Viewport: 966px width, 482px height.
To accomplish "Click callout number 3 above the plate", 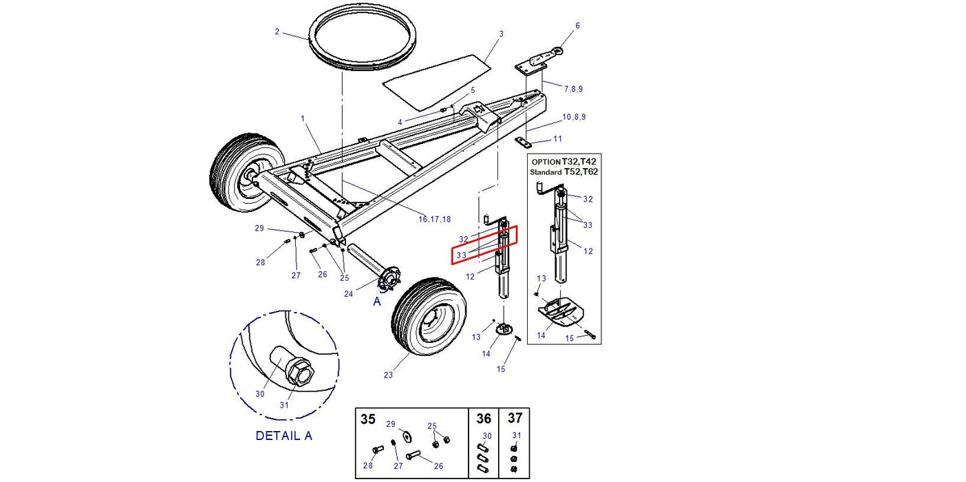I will click(501, 34).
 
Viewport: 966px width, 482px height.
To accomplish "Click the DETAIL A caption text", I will click(283, 436).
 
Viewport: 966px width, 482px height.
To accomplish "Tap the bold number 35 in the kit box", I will click(369, 419).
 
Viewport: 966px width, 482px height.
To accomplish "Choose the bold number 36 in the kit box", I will click(484, 419).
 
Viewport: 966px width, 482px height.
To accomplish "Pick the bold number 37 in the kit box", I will click(515, 419).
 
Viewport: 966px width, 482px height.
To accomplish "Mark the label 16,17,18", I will click(434, 219).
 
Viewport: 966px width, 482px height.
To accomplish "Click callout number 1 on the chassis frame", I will click(303, 118).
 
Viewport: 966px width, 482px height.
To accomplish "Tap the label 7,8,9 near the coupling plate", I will click(574, 89).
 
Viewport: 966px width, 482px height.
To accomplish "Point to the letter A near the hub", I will click(377, 302).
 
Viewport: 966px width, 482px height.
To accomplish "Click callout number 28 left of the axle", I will click(260, 262).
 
